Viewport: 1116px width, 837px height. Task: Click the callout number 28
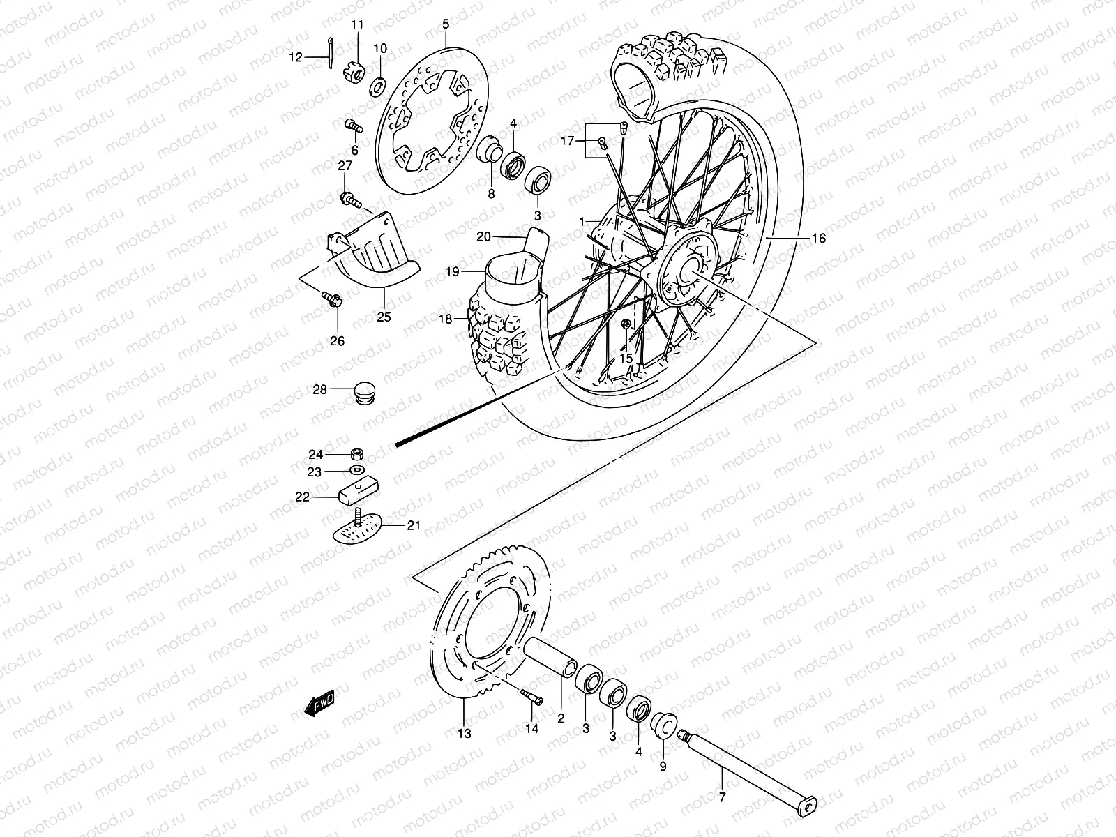point(319,390)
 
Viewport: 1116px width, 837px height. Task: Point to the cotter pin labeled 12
point(329,53)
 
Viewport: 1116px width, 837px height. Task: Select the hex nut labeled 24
point(355,453)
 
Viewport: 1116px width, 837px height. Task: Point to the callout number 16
point(818,239)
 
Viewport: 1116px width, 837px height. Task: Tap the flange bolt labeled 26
point(331,301)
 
